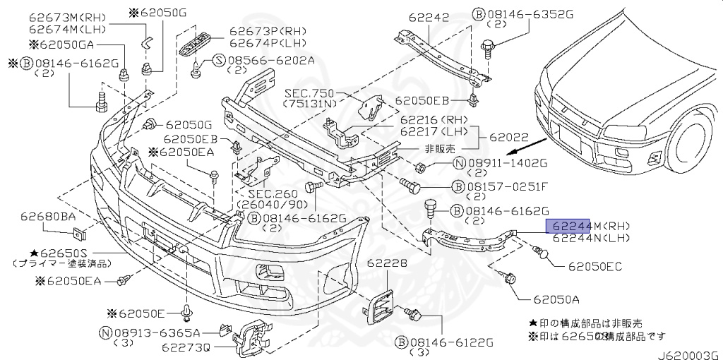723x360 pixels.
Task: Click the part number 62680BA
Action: pyautogui.click(x=47, y=216)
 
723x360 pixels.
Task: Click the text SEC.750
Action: pyautogui.click(x=309, y=92)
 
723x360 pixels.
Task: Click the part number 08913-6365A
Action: pyautogui.click(x=157, y=332)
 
